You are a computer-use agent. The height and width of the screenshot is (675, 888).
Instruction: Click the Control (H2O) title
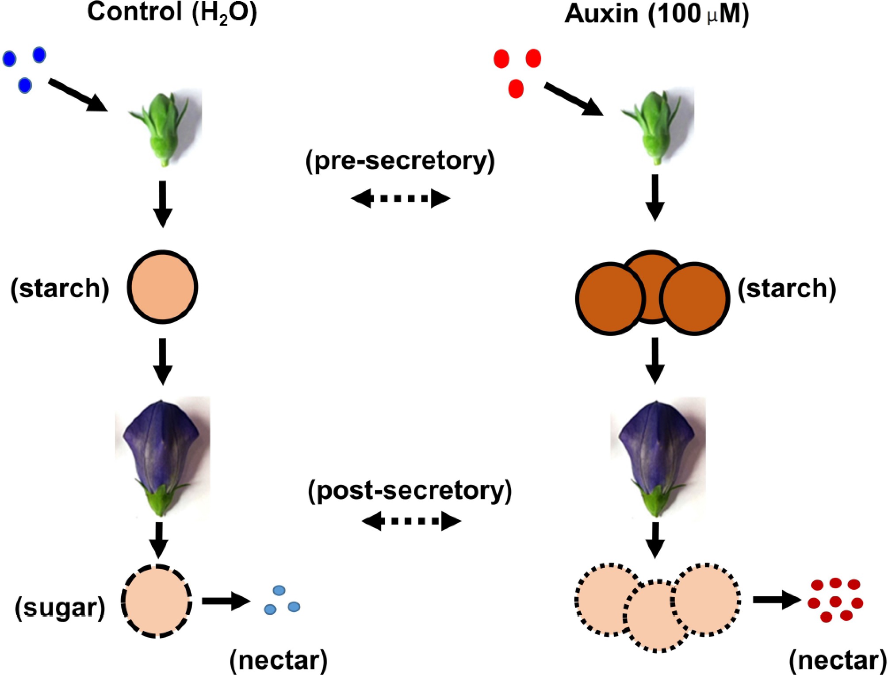click(x=172, y=12)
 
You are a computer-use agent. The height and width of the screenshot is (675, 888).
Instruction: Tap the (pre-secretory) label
click(x=400, y=160)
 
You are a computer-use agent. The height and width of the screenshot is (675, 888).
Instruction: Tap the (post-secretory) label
click(x=410, y=490)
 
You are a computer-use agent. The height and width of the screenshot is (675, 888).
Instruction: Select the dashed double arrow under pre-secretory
click(x=401, y=198)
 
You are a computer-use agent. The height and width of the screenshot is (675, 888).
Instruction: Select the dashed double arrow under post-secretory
click(x=411, y=521)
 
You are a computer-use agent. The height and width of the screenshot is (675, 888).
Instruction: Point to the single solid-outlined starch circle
click(x=162, y=287)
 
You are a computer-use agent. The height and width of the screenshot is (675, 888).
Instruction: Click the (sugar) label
click(x=60, y=608)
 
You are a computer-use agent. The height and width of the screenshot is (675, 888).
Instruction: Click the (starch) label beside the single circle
click(x=60, y=288)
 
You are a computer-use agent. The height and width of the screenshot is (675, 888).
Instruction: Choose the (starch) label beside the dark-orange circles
click(x=787, y=288)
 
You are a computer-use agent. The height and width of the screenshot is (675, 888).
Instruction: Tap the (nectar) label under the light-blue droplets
click(x=279, y=660)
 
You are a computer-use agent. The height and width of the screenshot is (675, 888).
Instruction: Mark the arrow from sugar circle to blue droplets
click(x=226, y=601)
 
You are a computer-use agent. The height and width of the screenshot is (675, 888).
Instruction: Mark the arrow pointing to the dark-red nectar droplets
click(x=777, y=600)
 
